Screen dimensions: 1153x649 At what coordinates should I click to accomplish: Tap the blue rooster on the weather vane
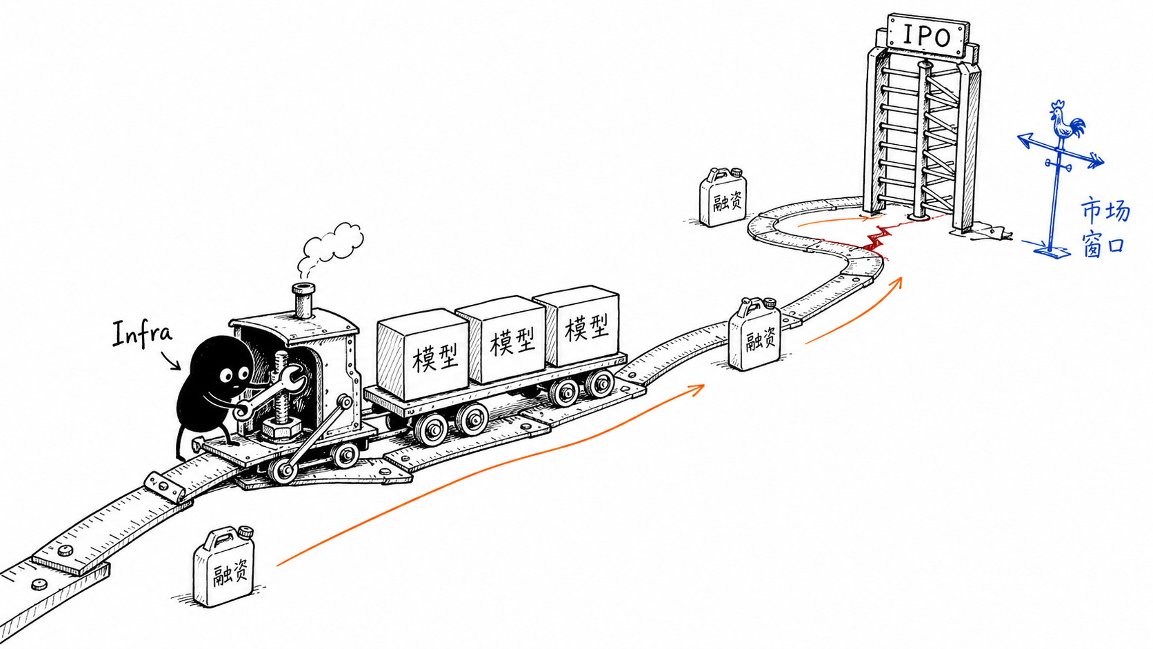pyautogui.click(x=1065, y=121)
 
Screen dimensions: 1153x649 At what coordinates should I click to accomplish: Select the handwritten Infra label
pyautogui.click(x=141, y=334)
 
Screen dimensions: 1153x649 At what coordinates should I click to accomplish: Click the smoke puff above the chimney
pyautogui.click(x=330, y=247)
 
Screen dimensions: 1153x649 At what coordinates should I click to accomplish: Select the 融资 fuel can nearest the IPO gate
pyautogui.click(x=723, y=197)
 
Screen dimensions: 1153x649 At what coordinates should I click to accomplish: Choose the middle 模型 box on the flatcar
pyautogui.click(x=501, y=339)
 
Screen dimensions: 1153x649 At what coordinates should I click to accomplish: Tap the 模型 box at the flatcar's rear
pyautogui.click(x=576, y=326)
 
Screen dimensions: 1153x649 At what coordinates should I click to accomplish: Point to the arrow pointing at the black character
pyautogui.click(x=170, y=360)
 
